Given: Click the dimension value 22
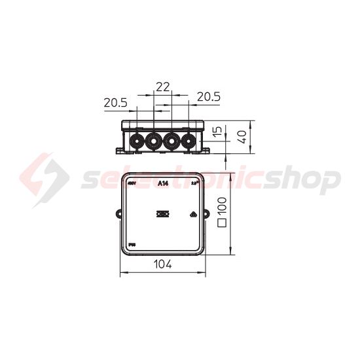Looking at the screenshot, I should (163, 86).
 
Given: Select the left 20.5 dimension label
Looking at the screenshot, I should (115, 102).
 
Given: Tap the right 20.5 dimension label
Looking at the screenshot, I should (208, 96).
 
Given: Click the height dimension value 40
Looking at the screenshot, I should (242, 137).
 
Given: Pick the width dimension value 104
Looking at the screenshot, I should (163, 264).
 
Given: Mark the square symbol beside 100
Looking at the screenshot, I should (221, 223).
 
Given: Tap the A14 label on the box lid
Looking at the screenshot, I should (164, 183).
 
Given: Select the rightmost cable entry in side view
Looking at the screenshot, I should (189, 140).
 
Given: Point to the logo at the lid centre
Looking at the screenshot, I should (163, 213).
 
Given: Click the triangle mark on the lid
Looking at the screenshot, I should (194, 213).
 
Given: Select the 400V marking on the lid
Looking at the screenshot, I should (131, 184).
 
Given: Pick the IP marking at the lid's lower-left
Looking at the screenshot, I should (130, 243).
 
